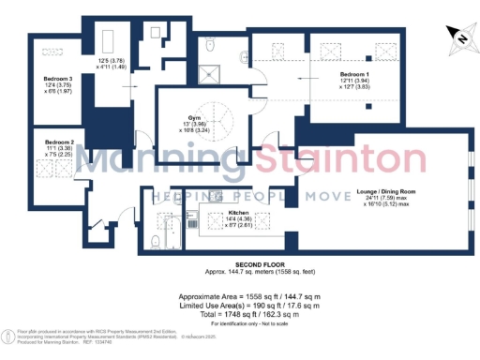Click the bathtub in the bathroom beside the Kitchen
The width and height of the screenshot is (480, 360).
pos(172,230)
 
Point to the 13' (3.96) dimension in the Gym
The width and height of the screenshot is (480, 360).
pos(195,127)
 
